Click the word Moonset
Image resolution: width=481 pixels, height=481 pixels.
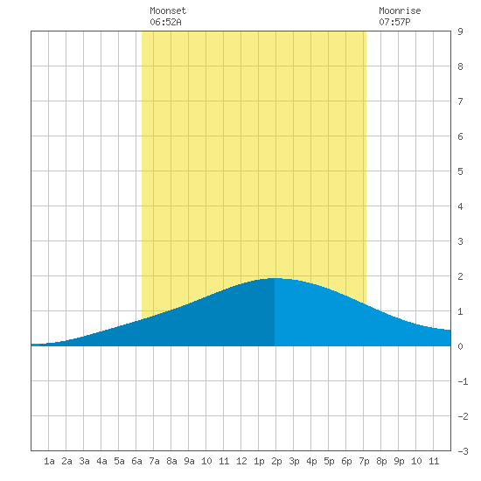(168, 10)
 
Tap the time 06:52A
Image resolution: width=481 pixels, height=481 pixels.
(165, 22)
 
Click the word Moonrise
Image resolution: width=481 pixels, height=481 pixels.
(400, 10)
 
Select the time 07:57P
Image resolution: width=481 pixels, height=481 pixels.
(394, 22)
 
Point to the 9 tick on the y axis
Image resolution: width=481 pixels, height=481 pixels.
(460, 31)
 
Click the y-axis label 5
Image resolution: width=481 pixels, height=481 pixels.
(460, 171)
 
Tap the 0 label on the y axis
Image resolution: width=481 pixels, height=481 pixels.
(460, 346)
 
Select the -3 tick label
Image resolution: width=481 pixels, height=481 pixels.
(463, 451)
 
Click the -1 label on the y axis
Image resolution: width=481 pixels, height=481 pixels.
(463, 381)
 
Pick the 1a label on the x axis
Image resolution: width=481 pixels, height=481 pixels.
(49, 461)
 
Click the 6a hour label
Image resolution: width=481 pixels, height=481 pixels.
(136, 461)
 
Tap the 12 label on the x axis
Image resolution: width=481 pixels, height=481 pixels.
(241, 461)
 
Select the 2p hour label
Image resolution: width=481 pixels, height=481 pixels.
(276, 461)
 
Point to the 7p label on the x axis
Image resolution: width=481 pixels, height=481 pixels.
(364, 461)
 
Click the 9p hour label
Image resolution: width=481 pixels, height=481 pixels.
(399, 461)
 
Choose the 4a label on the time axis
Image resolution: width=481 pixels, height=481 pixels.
(101, 461)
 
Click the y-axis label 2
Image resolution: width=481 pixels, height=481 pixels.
(460, 276)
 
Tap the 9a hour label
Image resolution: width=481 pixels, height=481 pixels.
(189, 461)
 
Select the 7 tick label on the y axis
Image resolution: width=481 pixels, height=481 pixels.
(460, 101)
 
